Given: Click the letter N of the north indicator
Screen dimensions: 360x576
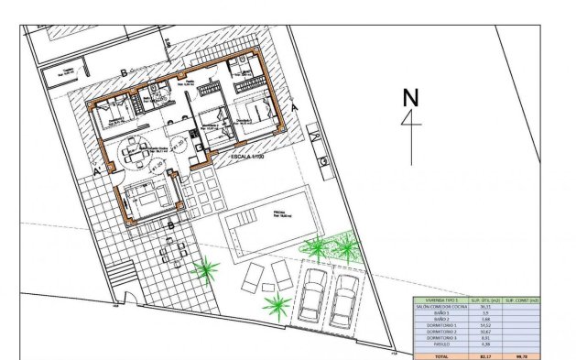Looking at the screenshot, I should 410,98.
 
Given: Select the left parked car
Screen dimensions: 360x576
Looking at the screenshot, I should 313,292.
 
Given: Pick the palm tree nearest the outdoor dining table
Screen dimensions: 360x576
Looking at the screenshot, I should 206,269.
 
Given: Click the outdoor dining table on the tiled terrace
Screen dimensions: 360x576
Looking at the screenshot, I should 171,248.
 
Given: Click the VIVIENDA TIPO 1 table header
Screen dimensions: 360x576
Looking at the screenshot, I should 441,300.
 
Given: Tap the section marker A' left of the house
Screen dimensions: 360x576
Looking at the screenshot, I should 96,169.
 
